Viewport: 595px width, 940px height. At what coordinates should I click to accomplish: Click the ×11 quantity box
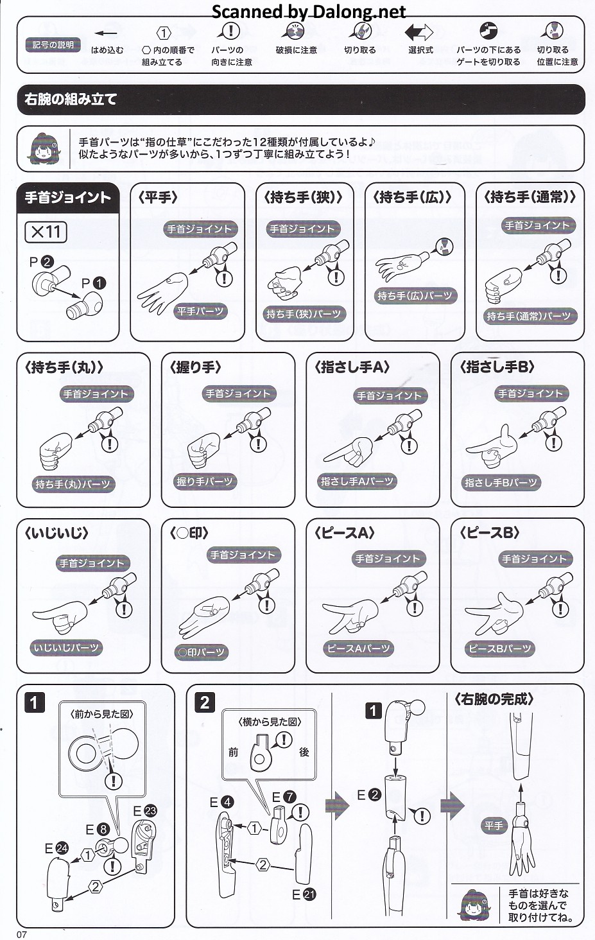[x=46, y=231]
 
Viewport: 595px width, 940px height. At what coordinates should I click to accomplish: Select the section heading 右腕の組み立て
[x=71, y=100]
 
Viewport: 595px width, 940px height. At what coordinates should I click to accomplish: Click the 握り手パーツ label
[x=205, y=482]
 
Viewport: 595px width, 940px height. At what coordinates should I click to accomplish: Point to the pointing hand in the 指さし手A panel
[x=349, y=451]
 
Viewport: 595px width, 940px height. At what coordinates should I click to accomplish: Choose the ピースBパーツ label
[x=500, y=648]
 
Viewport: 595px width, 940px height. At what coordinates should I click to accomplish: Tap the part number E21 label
[x=304, y=894]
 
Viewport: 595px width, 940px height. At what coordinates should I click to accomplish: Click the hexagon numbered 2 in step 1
[x=96, y=887]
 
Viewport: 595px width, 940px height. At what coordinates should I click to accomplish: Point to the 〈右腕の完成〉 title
[x=494, y=700]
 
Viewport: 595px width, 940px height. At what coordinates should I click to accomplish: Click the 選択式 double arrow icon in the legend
[x=418, y=33]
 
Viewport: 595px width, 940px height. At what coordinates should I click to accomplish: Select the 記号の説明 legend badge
[x=53, y=44]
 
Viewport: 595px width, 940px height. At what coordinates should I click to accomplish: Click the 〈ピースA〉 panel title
[x=344, y=533]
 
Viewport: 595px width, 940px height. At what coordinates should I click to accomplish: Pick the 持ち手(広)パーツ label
[x=415, y=296]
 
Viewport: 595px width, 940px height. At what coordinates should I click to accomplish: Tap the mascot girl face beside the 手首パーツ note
[x=45, y=148]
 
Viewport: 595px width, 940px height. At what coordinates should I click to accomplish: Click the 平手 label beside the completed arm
[x=494, y=826]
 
